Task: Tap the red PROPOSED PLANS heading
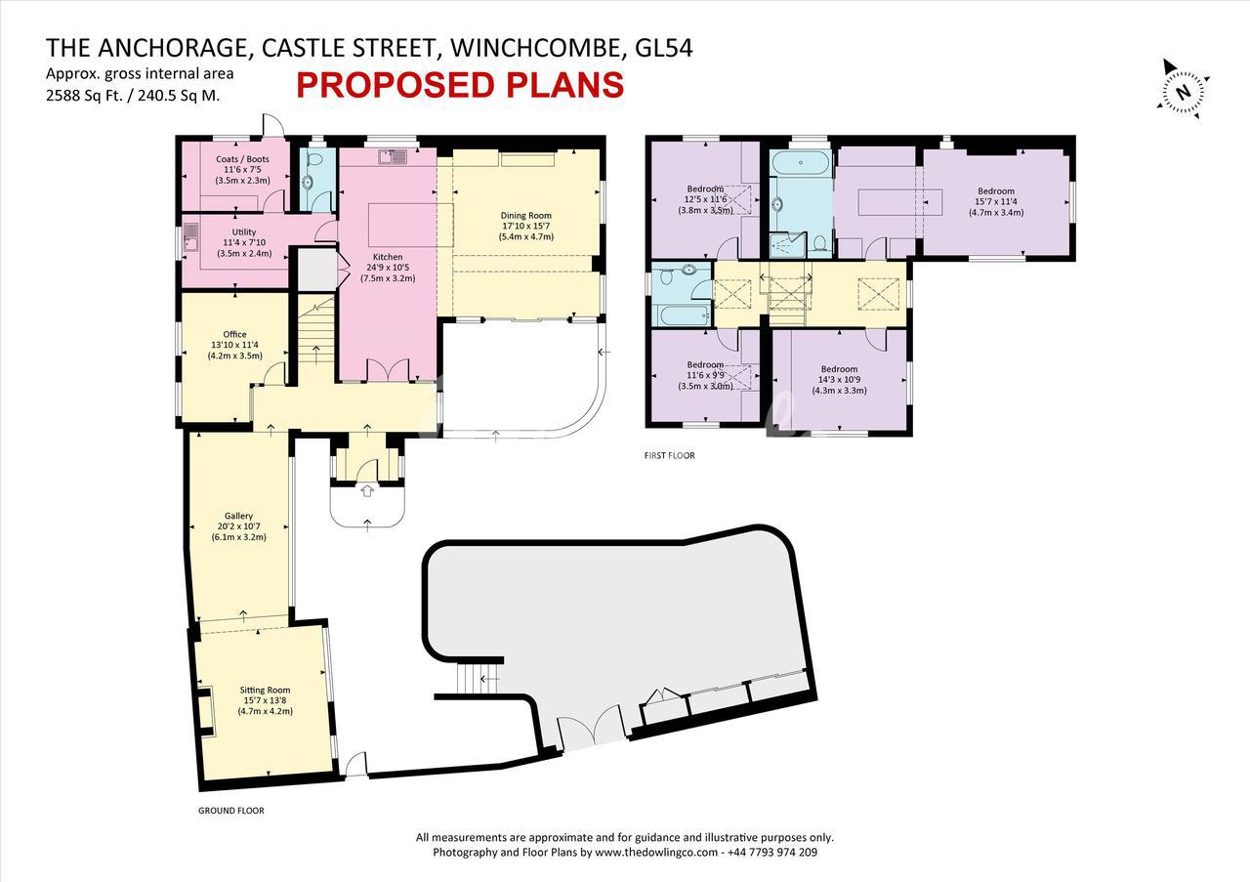tap(460, 85)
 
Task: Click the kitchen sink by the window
tap(394, 157)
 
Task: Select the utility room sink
tap(190, 237)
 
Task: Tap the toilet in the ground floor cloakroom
tap(315, 158)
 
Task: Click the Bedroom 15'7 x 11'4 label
tap(996, 201)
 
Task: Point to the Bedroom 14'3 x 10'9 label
tap(839, 380)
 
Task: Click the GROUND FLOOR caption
tap(231, 811)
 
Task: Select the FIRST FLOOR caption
tap(670, 455)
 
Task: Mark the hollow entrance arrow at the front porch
tap(366, 490)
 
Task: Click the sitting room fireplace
tap(206, 710)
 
